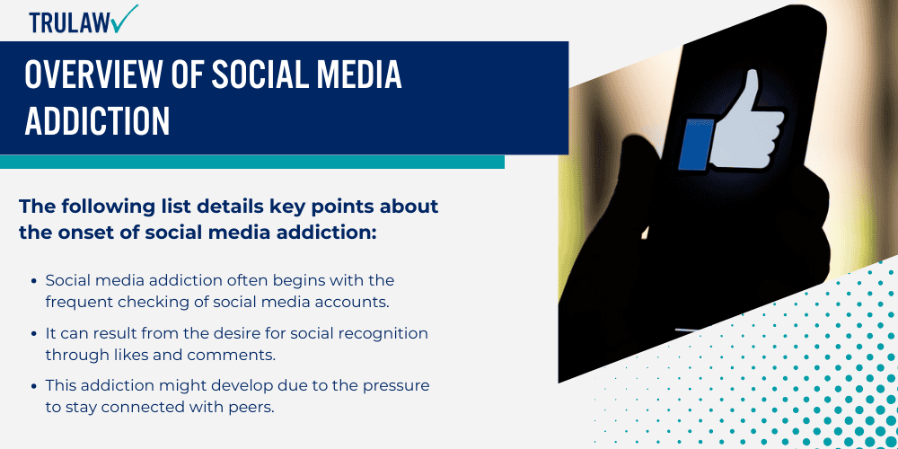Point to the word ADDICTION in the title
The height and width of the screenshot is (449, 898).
coord(97,121)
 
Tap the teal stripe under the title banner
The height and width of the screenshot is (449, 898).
coord(251,162)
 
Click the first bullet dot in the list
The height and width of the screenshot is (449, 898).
coord(35,281)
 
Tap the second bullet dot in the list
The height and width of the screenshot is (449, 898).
coord(35,333)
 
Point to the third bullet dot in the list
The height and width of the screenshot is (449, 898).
coord(35,385)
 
